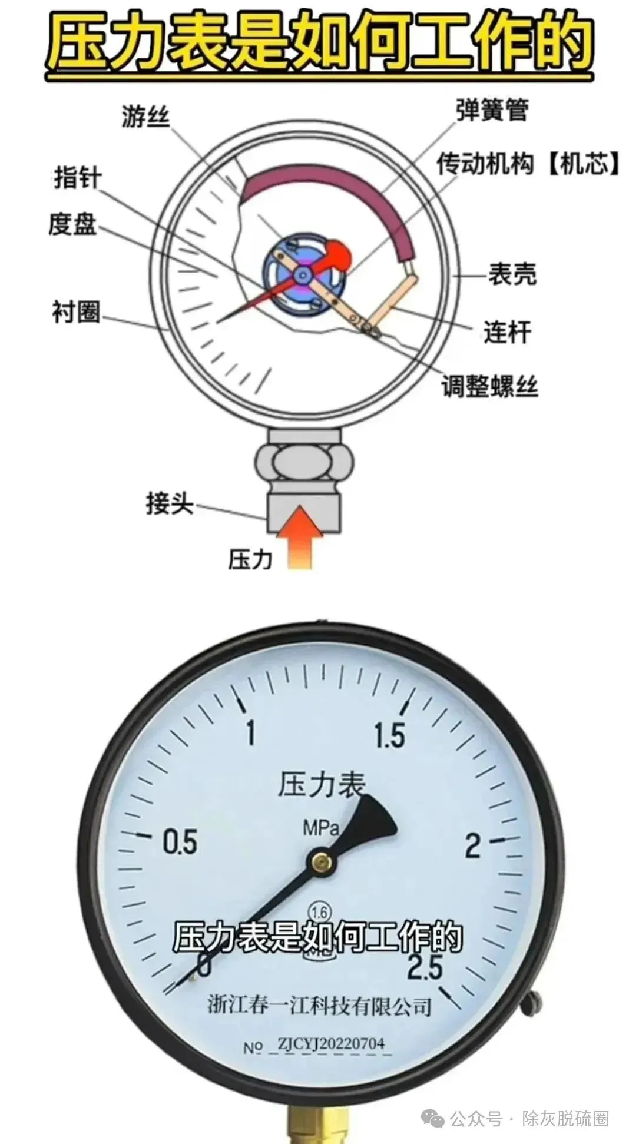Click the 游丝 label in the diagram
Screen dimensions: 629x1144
[145, 115]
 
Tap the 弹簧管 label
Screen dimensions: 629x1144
[492, 110]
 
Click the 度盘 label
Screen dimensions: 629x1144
[72, 224]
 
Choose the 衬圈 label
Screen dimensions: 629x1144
[76, 311]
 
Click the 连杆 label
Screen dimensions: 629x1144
[507, 331]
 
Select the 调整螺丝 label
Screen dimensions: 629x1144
[490, 386]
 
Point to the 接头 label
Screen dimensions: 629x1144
[170, 503]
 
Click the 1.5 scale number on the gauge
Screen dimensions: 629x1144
[389, 735]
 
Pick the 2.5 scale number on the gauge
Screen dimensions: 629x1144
[423, 967]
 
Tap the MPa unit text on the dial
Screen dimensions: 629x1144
[321, 828]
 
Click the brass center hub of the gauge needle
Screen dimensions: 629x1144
[321, 863]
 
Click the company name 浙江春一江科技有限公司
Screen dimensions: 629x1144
[320, 1005]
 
